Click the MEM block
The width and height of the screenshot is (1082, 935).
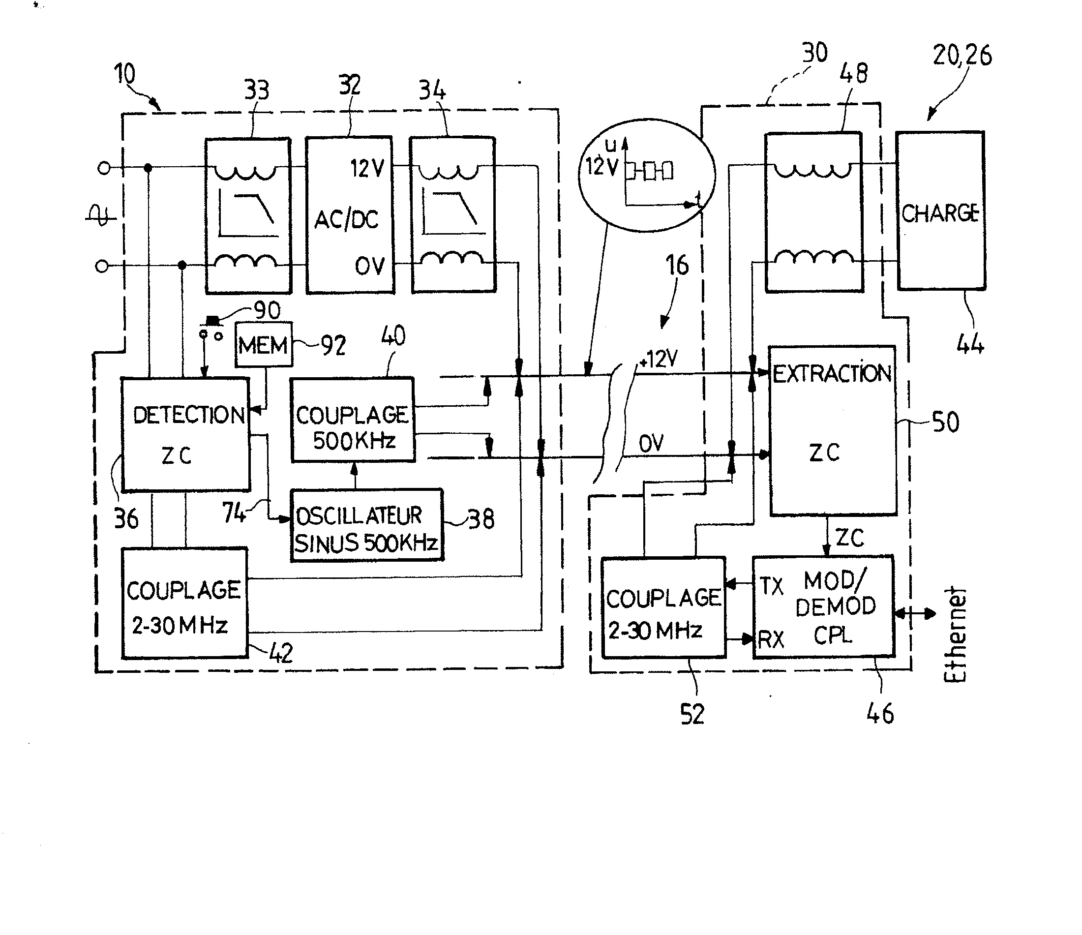click(264, 345)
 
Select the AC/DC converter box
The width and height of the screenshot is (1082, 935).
click(349, 215)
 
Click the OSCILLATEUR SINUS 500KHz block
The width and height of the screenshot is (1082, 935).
click(366, 525)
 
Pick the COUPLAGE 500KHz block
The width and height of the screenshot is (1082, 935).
click(353, 421)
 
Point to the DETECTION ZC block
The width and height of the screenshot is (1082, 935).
click(186, 435)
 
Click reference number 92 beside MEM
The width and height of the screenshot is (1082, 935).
click(333, 345)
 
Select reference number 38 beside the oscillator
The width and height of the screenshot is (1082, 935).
click(481, 519)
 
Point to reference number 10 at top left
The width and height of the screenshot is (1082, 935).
click(125, 74)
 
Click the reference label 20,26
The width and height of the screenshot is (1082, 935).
click(962, 56)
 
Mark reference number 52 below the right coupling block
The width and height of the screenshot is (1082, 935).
click(692, 714)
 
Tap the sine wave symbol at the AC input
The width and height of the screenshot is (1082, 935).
click(100, 215)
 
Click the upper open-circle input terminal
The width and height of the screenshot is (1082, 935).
click(104, 168)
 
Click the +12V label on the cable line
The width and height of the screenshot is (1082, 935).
click(659, 360)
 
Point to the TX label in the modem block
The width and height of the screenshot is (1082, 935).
click(771, 586)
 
